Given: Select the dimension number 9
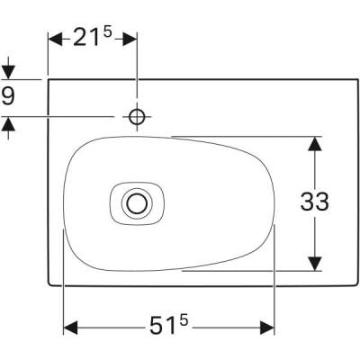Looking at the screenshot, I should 9,96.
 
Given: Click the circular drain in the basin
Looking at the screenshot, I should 137,203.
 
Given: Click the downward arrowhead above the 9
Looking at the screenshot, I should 9,72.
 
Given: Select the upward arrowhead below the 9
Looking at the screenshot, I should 9,124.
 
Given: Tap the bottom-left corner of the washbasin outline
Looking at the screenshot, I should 49,285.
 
